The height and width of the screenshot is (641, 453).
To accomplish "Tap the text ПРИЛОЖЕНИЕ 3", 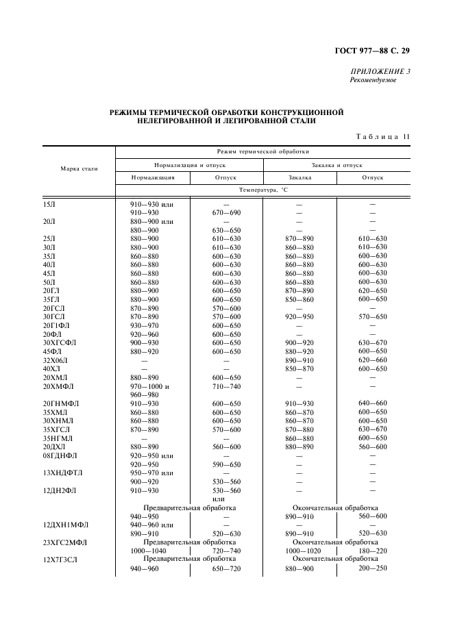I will (380, 71).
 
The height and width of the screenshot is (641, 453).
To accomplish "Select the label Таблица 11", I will (382, 136).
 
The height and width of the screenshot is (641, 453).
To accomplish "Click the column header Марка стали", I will (79, 168).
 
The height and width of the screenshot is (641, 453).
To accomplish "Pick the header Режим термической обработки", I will (262, 151).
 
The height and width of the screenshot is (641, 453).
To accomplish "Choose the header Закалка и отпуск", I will (336, 165).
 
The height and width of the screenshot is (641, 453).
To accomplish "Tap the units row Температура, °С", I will (263, 190).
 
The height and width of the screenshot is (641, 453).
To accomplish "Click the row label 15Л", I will (49, 204).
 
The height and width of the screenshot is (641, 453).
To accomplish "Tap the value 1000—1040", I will (149, 551).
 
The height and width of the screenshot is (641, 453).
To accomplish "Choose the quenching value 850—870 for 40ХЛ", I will (299, 368).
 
